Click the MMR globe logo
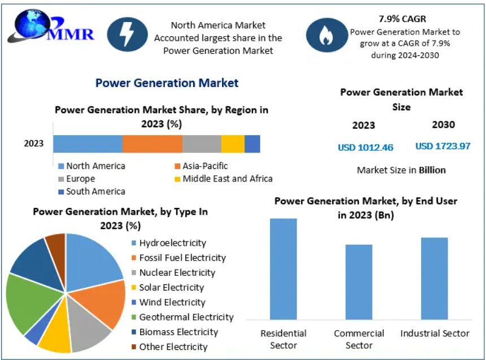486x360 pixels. click(x=51, y=27)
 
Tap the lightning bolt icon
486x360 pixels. click(x=127, y=34)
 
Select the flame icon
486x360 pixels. click(x=327, y=35)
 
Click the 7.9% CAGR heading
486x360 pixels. click(x=402, y=19)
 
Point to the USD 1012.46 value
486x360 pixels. click(x=366, y=148)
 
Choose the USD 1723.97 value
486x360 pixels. click(x=443, y=146)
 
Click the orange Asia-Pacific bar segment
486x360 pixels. click(x=153, y=144)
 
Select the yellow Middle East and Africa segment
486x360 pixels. click(x=233, y=144)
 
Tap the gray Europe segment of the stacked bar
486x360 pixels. click(x=202, y=144)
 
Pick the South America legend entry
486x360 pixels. click(x=92, y=192)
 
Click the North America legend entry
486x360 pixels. click(x=92, y=166)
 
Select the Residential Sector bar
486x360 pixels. click(x=283, y=269)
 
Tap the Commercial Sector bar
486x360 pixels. click(x=359, y=282)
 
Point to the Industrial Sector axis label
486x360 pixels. click(x=435, y=333)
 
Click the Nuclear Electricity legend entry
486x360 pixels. click(x=173, y=272)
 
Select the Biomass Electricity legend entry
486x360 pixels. click(x=175, y=332)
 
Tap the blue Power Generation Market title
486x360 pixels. click(x=167, y=83)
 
